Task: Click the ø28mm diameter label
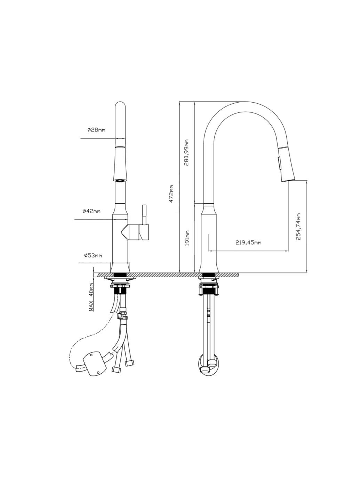[x=96, y=130]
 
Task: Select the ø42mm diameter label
[x=91, y=211]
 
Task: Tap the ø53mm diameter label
[x=93, y=255]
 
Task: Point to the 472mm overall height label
[x=172, y=194]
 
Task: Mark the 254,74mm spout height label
[x=298, y=226]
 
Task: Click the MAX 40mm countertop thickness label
[x=91, y=297]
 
